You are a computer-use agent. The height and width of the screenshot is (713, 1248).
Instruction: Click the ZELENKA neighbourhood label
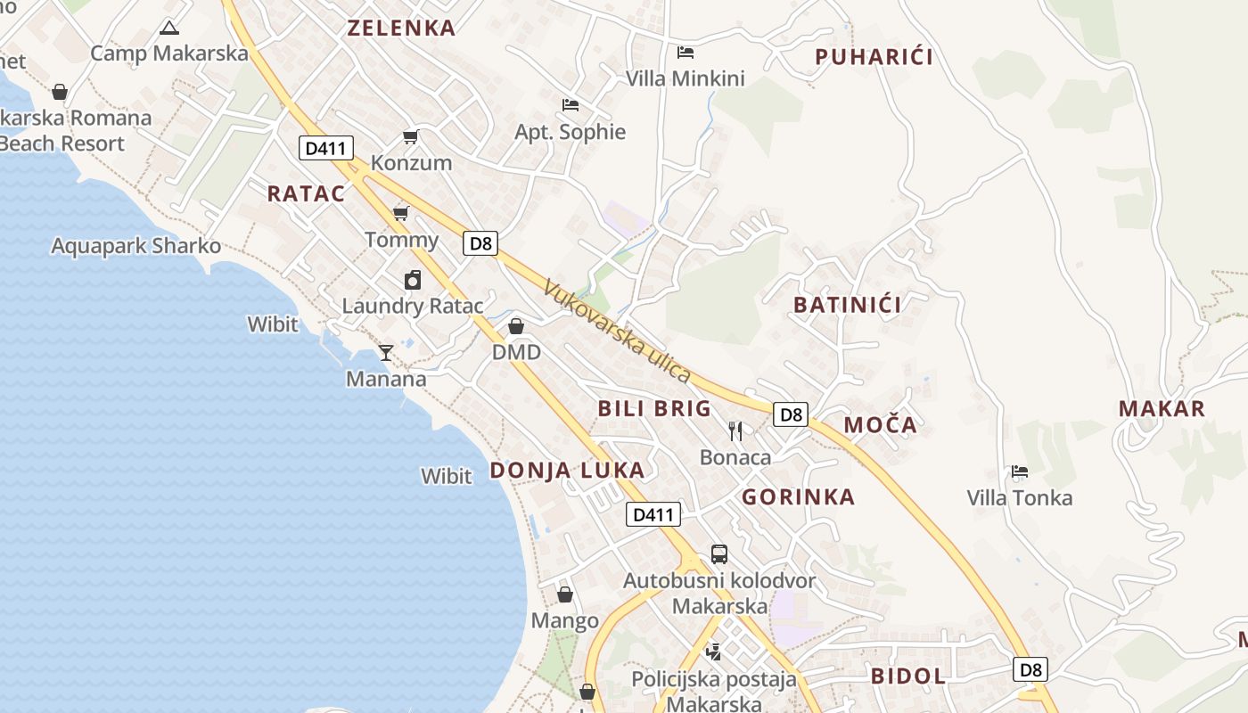(401, 28)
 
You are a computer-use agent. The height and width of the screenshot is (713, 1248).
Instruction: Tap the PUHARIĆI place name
(874, 57)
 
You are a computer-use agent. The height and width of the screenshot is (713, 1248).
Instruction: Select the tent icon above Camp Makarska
(169, 28)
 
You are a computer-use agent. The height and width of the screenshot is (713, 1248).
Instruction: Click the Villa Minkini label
(685, 78)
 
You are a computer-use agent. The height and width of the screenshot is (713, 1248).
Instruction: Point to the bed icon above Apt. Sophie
(571, 105)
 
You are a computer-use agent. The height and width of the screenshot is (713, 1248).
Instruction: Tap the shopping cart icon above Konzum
(410, 136)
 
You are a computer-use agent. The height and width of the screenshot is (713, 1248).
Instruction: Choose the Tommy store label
(401, 240)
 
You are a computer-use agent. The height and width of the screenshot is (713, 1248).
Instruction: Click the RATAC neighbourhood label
(306, 193)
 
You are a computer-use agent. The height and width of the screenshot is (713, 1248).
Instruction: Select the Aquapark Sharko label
(135, 246)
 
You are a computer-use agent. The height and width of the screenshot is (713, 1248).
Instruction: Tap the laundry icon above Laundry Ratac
(413, 280)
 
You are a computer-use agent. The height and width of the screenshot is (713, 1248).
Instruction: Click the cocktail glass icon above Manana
(385, 353)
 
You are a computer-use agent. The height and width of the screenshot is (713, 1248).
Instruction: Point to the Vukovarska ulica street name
(617, 332)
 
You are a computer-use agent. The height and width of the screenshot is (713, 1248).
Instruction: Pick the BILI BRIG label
(654, 409)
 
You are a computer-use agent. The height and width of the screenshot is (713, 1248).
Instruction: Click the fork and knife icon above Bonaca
(735, 431)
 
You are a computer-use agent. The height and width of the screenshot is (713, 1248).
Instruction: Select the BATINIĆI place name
(847, 305)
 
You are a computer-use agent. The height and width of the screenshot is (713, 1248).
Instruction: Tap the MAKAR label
(1162, 409)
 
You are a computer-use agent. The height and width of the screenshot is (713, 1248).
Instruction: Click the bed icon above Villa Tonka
(1020, 471)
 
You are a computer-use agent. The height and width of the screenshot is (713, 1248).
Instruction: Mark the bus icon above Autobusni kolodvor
(719, 554)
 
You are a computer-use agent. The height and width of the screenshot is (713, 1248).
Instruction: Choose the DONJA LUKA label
(567, 471)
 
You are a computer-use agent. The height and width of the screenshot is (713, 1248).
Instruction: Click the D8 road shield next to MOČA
(790, 414)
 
